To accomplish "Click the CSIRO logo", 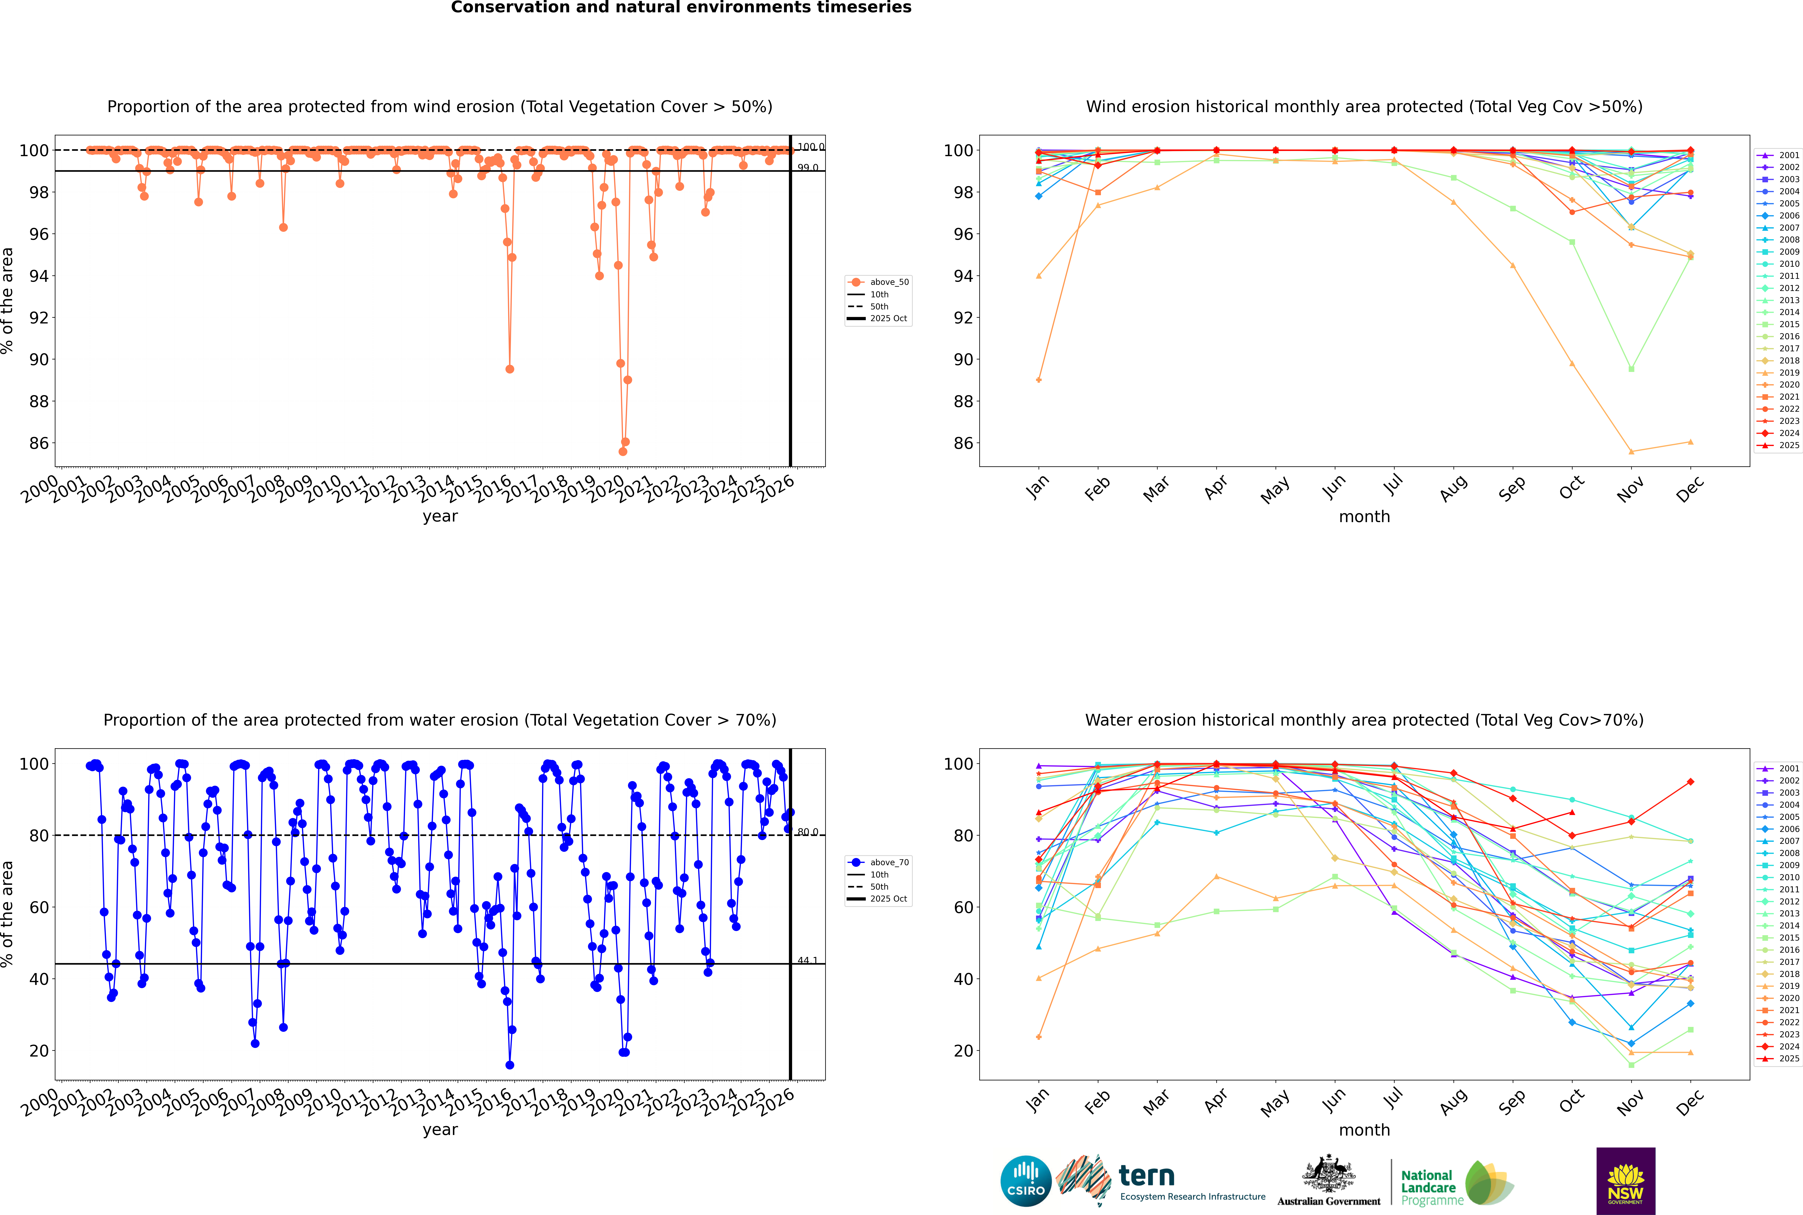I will (x=1025, y=1181).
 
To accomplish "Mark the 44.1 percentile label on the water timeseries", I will (x=808, y=961).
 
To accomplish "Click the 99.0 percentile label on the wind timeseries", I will (x=808, y=167).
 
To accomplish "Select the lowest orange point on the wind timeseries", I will (x=622, y=451).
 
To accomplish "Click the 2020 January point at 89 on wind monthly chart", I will (x=1039, y=380).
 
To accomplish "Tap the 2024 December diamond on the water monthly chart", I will (x=1691, y=782).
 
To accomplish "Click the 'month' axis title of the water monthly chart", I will (x=1364, y=1130).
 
